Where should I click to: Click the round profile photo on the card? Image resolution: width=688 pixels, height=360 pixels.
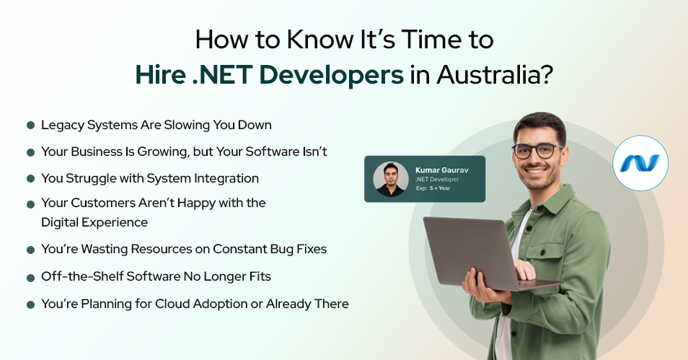391,180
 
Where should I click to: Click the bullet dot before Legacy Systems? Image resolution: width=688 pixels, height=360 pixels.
31,126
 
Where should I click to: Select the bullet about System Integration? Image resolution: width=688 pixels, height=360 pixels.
149,178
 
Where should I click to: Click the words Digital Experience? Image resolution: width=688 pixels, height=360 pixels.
94,222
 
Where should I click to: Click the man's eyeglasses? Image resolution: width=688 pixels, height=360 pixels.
538,151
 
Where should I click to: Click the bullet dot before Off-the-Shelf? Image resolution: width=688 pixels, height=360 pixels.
31,277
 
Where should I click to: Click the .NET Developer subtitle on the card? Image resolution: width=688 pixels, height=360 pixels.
437,180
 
